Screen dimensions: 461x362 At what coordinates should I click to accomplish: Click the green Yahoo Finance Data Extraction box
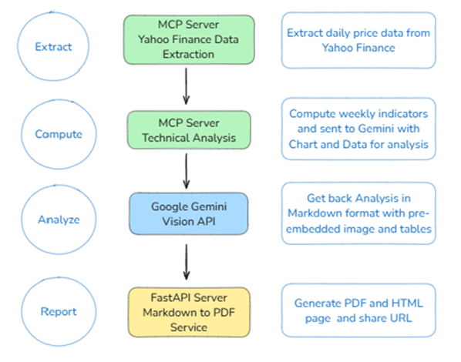pyautogui.click(x=189, y=40)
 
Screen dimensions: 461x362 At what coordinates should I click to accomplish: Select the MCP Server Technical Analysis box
pyautogui.click(x=189, y=130)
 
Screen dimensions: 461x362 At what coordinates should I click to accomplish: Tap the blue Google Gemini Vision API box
pyautogui.click(x=189, y=213)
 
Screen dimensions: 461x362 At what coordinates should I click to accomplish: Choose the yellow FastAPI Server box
pyautogui.click(x=189, y=312)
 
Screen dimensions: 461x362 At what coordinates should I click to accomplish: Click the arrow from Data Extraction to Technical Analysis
pyautogui.click(x=186, y=86)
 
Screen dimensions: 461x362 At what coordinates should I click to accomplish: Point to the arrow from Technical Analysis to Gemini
pyautogui.click(x=186, y=171)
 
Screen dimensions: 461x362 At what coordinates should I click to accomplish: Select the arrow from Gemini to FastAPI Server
pyautogui.click(x=187, y=262)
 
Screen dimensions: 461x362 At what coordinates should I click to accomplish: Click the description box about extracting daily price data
pyautogui.click(x=358, y=40)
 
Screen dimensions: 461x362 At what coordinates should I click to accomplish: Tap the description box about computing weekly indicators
pyautogui.click(x=358, y=129)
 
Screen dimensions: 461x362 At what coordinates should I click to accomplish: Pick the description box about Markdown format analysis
pyautogui.click(x=358, y=213)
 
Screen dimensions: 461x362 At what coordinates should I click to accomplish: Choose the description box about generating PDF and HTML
pyautogui.click(x=358, y=310)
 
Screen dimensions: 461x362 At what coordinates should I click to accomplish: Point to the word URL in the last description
pyautogui.click(x=401, y=318)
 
